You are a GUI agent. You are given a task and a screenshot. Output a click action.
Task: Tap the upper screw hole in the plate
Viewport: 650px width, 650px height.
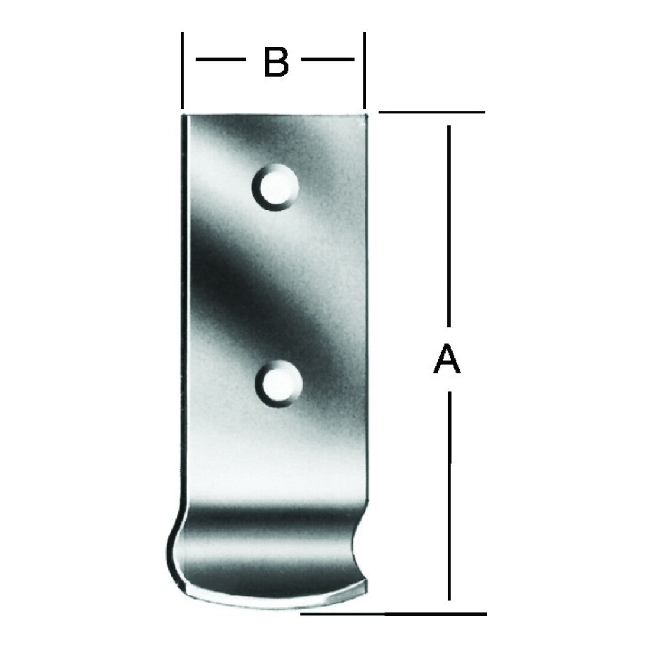[275, 187]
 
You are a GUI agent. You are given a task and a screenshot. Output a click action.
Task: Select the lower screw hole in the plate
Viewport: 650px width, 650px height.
[278, 383]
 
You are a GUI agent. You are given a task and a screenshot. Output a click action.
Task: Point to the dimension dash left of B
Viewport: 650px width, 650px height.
[220, 60]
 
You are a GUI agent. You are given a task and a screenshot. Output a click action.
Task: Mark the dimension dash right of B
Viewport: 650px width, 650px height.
[327, 60]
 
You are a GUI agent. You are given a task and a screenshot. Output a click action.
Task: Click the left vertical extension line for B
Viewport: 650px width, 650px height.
[183, 70]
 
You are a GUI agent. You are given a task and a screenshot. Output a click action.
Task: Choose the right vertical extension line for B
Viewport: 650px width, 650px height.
[365, 70]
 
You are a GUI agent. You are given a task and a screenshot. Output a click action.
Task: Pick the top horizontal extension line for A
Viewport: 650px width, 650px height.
[431, 112]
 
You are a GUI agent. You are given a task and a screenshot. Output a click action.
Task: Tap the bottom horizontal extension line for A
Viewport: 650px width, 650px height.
[393, 613]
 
